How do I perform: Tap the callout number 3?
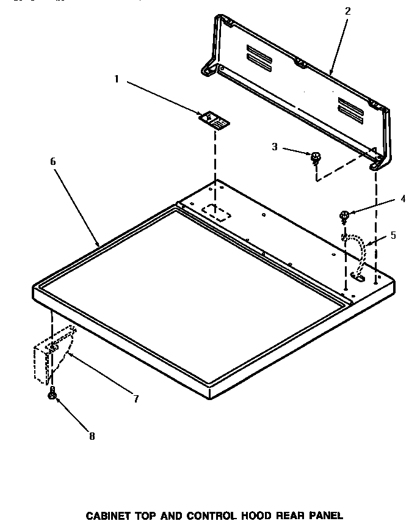(275, 146)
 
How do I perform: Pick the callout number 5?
(393, 235)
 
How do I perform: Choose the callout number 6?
(52, 161)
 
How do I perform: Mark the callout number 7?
(136, 399)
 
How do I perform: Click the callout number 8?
(92, 436)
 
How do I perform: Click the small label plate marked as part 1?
(215, 119)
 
